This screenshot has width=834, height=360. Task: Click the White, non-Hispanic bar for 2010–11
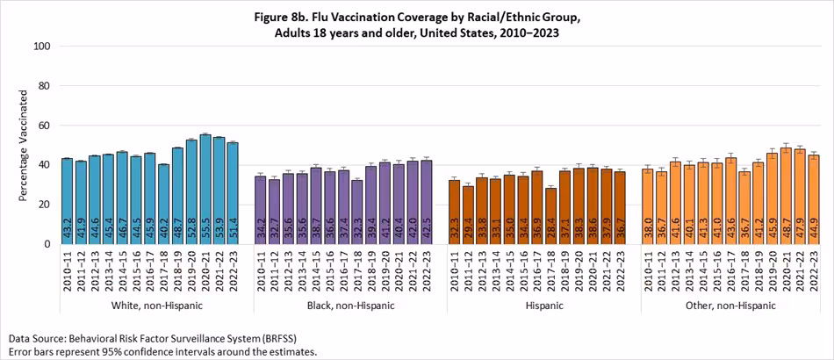pos(68,201)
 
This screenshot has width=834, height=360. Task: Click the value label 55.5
pos(205,229)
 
